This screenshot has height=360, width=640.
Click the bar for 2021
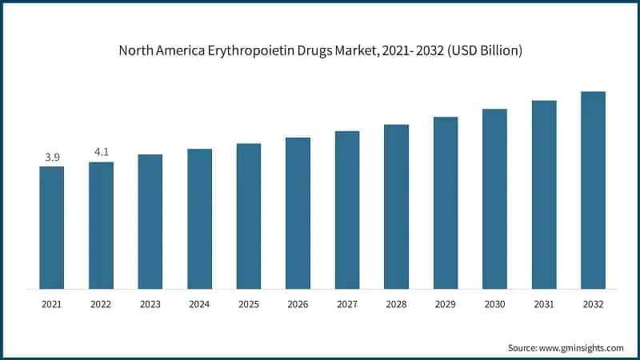pos(52,227)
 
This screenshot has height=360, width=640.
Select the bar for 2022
pos(101,225)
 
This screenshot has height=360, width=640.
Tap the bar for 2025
pos(249,216)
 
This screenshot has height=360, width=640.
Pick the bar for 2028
pos(396,206)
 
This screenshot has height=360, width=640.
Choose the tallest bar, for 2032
pos(593,190)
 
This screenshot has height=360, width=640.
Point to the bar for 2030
pos(494,198)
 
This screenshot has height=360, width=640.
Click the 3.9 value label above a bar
pos(52,157)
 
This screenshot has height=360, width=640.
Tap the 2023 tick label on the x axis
pos(150,304)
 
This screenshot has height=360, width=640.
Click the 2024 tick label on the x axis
pos(199,304)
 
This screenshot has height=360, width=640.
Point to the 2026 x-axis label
pos(298,304)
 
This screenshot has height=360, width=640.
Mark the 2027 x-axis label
pos(347,304)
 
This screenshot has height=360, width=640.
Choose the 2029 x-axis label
pos(446,304)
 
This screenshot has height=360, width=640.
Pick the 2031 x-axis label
pos(544,304)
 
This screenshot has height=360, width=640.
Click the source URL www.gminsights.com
pos(580,348)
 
